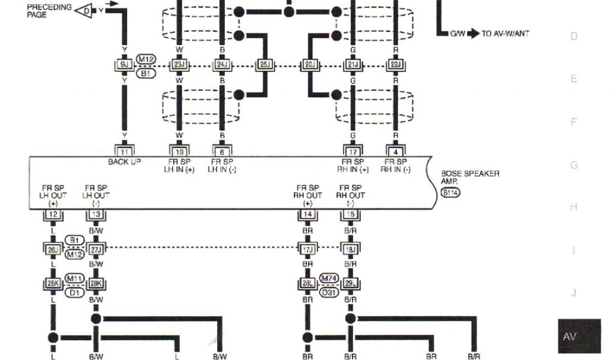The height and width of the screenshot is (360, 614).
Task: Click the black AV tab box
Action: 578,336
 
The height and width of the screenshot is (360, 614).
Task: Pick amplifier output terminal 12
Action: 53,214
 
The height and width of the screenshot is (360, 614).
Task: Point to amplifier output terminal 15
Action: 351,214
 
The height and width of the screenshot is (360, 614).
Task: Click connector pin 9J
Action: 124,64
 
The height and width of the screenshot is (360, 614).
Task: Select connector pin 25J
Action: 264,64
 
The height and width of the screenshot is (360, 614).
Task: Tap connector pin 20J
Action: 309,64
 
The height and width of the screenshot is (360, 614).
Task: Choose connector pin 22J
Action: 396,64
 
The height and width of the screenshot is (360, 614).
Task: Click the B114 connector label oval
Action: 450,192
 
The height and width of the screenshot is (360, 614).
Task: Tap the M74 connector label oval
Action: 329,278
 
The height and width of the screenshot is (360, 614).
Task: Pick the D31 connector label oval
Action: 329,292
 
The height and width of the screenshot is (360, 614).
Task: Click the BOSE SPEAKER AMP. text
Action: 470,176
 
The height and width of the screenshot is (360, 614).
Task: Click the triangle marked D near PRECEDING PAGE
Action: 85,10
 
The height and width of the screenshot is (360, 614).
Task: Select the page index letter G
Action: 574,165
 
